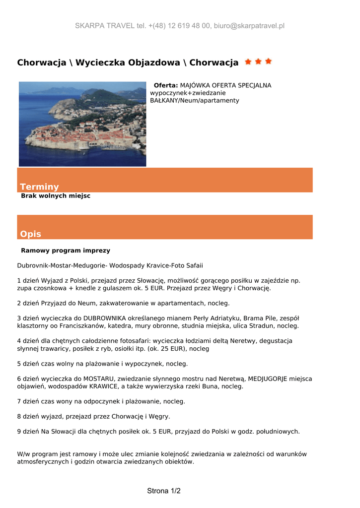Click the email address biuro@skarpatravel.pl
249,26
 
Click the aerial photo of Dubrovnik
82,124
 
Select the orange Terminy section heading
39,187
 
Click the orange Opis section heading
31,234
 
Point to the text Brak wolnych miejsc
56,196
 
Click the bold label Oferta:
166,85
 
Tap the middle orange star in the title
258,62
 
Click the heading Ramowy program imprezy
66,251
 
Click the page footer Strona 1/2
164,491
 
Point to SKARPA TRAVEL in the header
105,26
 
